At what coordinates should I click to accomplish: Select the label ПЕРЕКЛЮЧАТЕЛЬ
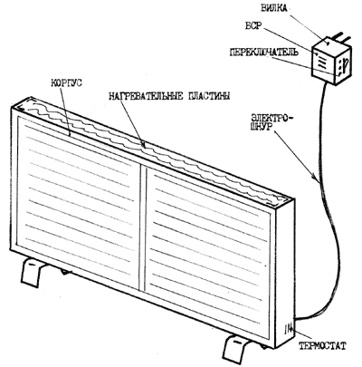click(x=264, y=52)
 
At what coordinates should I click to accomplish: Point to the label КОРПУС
click(x=65, y=82)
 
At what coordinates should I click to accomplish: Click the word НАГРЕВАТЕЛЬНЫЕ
click(x=146, y=96)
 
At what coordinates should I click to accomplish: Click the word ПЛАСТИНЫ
click(x=209, y=96)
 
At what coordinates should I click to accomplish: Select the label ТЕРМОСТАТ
click(x=322, y=346)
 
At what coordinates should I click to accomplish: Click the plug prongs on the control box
click(x=341, y=37)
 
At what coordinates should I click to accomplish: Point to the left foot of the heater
click(x=32, y=274)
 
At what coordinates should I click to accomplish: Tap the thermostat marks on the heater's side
click(x=288, y=329)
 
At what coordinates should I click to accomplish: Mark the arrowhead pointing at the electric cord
click(x=316, y=179)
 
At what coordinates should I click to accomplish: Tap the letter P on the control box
click(x=346, y=63)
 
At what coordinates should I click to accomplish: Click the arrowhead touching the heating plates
click(x=144, y=145)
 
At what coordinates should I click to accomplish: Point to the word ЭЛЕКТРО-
click(x=271, y=117)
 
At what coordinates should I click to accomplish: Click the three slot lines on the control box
click(x=321, y=62)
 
